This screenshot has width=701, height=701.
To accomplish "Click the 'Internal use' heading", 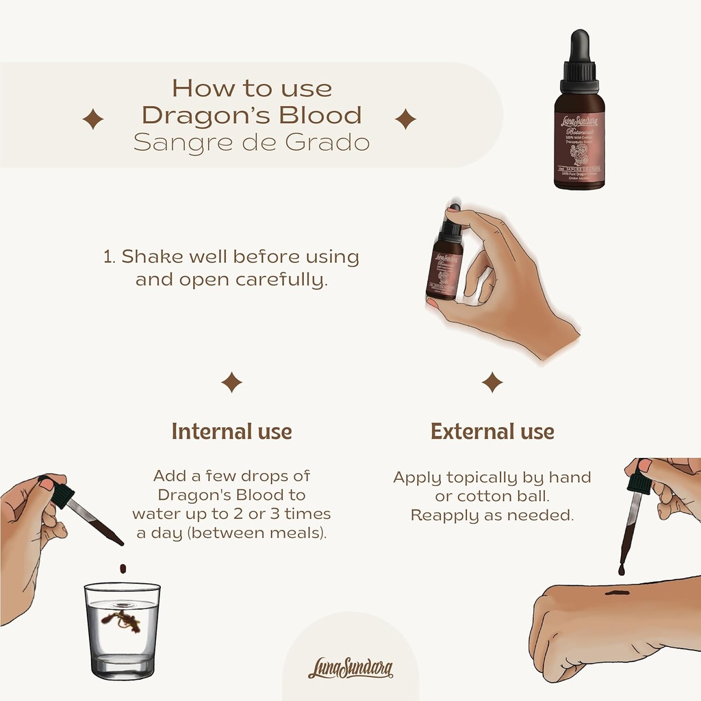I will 231,432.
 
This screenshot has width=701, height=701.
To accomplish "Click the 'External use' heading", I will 492,432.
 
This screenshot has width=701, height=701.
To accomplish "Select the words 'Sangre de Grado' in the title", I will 251,143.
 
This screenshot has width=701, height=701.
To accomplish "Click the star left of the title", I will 93,120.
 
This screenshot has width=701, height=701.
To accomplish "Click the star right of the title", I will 405,119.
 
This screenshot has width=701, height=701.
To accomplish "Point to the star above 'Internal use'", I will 231,382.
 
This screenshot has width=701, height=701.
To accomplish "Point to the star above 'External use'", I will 492,382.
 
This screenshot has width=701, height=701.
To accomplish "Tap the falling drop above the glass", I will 123,568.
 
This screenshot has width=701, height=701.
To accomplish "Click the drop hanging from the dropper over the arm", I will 622,570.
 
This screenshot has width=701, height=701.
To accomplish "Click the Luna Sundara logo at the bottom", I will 350,667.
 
